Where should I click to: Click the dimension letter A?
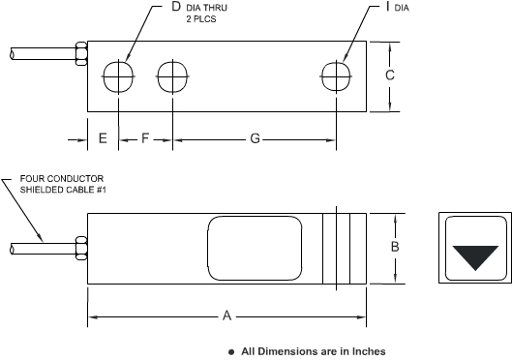coord(226,315)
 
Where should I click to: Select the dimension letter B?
coord(395,247)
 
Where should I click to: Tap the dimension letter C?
coord(389,75)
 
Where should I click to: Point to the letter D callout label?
coord(176,7)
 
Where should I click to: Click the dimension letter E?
coord(103,138)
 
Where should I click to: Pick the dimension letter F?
coord(145,138)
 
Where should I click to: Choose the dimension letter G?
coord(255,138)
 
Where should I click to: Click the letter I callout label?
coord(387,6)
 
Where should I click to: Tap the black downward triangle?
coord(475,256)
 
